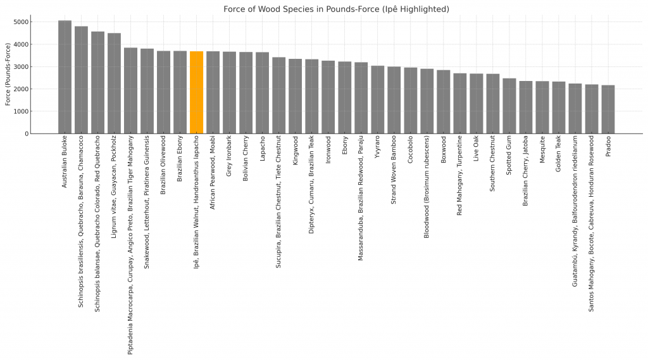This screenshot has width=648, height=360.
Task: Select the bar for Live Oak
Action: tap(476, 104)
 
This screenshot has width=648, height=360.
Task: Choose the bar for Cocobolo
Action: tap(410, 101)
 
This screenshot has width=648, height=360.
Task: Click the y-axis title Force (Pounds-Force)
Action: tap(8, 74)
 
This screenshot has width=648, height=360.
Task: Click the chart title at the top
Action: tap(336, 9)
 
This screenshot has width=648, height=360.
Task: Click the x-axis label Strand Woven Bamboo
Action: tap(394, 168)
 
